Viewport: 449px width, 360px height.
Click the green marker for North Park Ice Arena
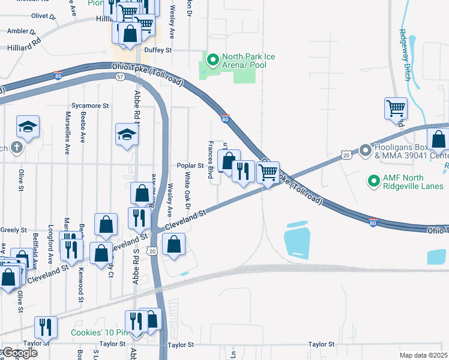[212, 60]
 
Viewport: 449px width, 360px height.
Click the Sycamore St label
[90, 106]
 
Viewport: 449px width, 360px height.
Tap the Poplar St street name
[190, 166]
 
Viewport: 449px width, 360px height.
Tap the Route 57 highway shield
[120, 77]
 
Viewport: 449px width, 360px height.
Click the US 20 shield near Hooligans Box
[346, 155]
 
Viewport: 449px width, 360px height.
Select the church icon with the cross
[18, 147]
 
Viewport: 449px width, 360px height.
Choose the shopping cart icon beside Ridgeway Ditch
[396, 109]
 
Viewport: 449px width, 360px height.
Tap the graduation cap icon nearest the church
[28, 127]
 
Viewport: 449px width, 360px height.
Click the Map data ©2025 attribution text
[423, 355]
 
